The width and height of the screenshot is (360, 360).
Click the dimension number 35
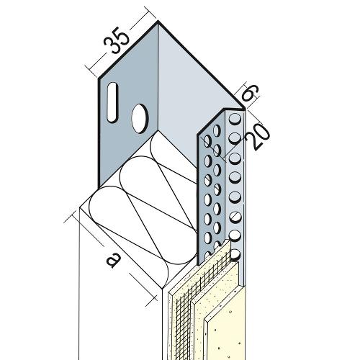point(117,42)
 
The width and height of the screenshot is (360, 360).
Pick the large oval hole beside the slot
point(140,118)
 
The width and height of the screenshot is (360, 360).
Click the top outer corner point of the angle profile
point(158,22)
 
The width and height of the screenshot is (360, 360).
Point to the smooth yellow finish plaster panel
point(225,336)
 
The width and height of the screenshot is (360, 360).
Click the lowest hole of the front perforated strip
point(235,255)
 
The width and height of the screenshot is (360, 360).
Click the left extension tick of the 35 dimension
point(92,71)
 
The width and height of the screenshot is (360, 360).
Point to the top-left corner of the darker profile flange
point(99,78)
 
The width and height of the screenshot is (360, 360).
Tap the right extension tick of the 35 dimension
point(151,13)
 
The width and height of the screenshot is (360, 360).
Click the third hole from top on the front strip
point(235,158)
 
